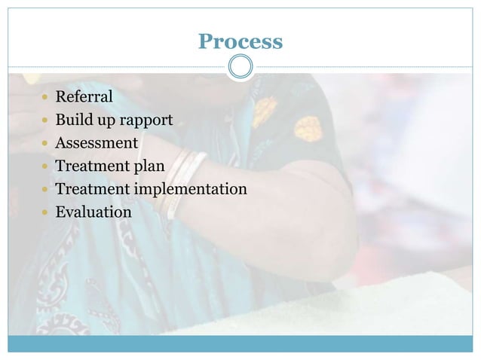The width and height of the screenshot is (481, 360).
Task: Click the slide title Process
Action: point(240,41)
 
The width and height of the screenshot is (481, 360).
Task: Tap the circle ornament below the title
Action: point(240,66)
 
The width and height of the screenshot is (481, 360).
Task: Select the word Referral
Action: point(84,96)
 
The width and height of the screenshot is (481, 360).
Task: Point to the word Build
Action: point(73,120)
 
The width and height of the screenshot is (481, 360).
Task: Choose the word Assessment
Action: point(97,142)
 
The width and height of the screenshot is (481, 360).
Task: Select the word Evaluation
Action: point(93,212)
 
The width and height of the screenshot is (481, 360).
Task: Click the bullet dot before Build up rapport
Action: point(47,121)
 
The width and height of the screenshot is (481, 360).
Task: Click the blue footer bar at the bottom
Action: point(240,343)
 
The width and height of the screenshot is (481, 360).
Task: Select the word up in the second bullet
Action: point(105,121)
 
